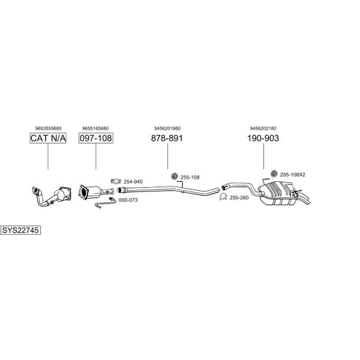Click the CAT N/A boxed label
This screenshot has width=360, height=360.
click(x=48, y=138)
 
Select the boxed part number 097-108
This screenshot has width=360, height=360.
click(x=96, y=138)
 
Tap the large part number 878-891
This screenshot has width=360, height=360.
click(x=167, y=138)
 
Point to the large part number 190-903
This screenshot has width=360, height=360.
click(x=263, y=138)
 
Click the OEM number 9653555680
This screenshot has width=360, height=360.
click(x=48, y=128)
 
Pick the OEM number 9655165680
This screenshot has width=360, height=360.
click(x=95, y=128)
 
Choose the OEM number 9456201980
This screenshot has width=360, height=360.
click(x=167, y=128)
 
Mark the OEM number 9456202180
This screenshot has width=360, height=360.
click(x=263, y=128)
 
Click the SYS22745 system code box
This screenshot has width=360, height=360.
click(x=20, y=230)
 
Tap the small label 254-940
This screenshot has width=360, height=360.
click(x=133, y=182)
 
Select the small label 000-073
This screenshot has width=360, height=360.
click(x=128, y=200)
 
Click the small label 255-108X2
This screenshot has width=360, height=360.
click(x=293, y=175)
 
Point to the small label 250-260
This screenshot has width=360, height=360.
click(x=239, y=197)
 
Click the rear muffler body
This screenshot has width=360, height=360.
click(x=275, y=193)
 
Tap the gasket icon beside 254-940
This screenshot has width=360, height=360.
click(x=116, y=181)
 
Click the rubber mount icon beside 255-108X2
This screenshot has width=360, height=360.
click(x=274, y=173)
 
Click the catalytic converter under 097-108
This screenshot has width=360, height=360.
click(x=96, y=192)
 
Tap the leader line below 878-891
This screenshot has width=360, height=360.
click(x=167, y=157)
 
